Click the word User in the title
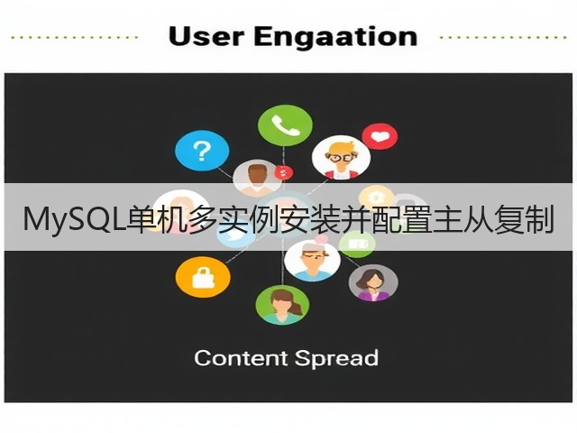point(206,36)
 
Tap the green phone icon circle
point(285,125)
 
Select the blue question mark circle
point(202,151)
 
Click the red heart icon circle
point(380,136)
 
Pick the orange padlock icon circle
point(203,277)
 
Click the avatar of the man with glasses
point(341,158)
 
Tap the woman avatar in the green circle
point(282,305)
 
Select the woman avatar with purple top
point(373,282)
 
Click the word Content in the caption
point(241,358)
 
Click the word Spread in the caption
point(336,359)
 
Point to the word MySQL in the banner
point(74,220)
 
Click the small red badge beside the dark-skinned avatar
point(284,172)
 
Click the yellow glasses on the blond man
point(341,158)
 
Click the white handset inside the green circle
point(286,125)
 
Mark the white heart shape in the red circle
point(380,136)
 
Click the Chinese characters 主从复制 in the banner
point(494,220)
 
